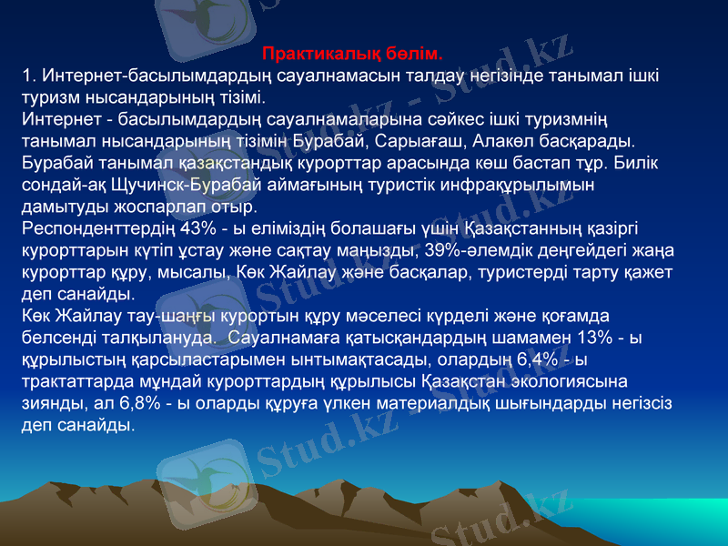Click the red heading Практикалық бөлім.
click(353, 54)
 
